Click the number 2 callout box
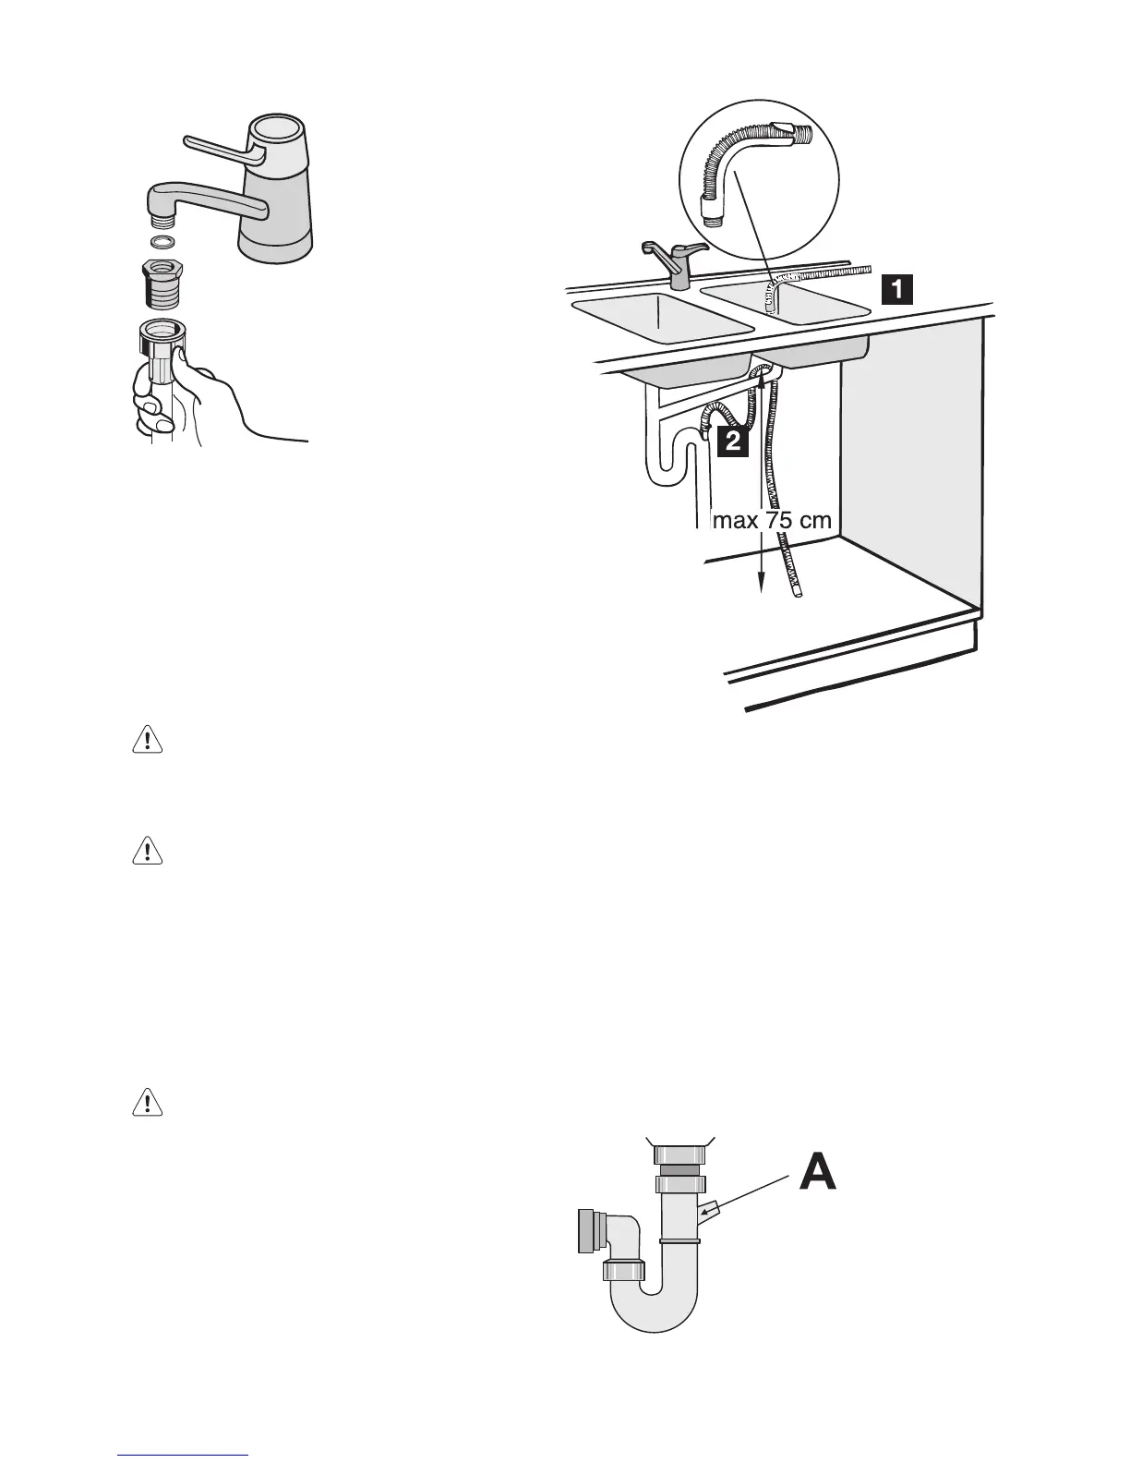pos(732,442)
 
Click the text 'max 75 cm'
pos(773,521)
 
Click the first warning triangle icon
pos(148,741)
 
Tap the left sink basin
pos(662,314)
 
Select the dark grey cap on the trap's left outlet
pos(585,1230)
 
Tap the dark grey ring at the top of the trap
pos(679,1168)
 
